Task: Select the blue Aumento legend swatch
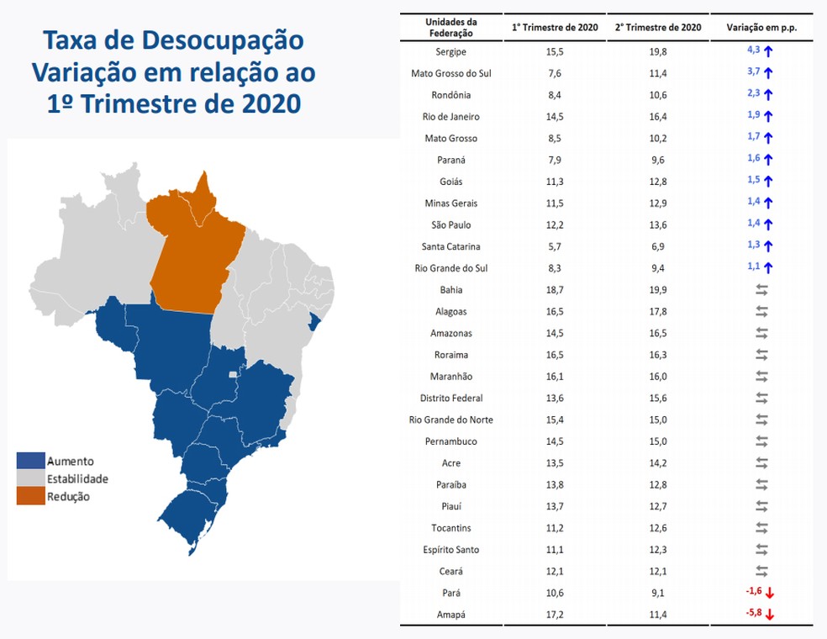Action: (30, 461)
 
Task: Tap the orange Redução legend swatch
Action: (30, 497)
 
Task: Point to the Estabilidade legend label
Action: (77, 478)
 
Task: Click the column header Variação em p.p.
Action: (761, 27)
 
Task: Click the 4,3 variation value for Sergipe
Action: (753, 50)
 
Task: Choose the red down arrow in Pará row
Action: (769, 593)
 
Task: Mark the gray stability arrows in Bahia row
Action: (762, 290)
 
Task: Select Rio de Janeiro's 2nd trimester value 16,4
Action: (658, 117)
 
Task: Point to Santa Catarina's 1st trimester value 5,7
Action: (555, 246)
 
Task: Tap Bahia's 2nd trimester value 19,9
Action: (658, 290)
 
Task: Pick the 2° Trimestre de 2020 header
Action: (658, 27)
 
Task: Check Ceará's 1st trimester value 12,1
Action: (555, 572)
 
